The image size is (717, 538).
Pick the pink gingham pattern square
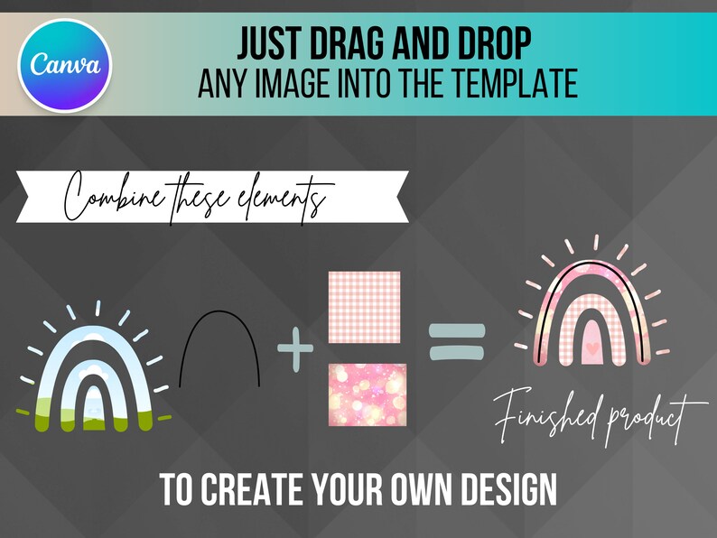[364, 307]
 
